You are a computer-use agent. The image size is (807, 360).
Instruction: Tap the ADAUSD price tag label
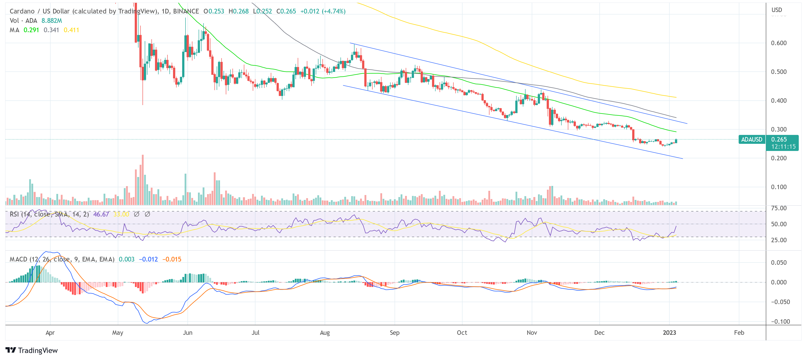pyautogui.click(x=752, y=139)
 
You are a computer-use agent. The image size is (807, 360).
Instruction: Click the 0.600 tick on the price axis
pyautogui.click(x=778, y=43)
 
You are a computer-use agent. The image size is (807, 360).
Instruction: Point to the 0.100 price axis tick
pyautogui.click(x=778, y=187)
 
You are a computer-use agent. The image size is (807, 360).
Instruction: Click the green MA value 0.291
pyautogui.click(x=31, y=30)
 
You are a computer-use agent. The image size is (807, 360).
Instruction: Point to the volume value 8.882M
pyautogui.click(x=52, y=21)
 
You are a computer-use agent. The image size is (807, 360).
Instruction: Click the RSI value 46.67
pyautogui.click(x=101, y=214)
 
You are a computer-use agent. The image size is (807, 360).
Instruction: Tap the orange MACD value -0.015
pyautogui.click(x=172, y=259)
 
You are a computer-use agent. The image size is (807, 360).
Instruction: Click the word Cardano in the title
pyautogui.click(x=22, y=11)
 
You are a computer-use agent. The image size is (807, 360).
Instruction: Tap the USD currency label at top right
pyautogui.click(x=777, y=10)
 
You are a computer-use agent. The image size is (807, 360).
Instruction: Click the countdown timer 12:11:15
pyautogui.click(x=783, y=147)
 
